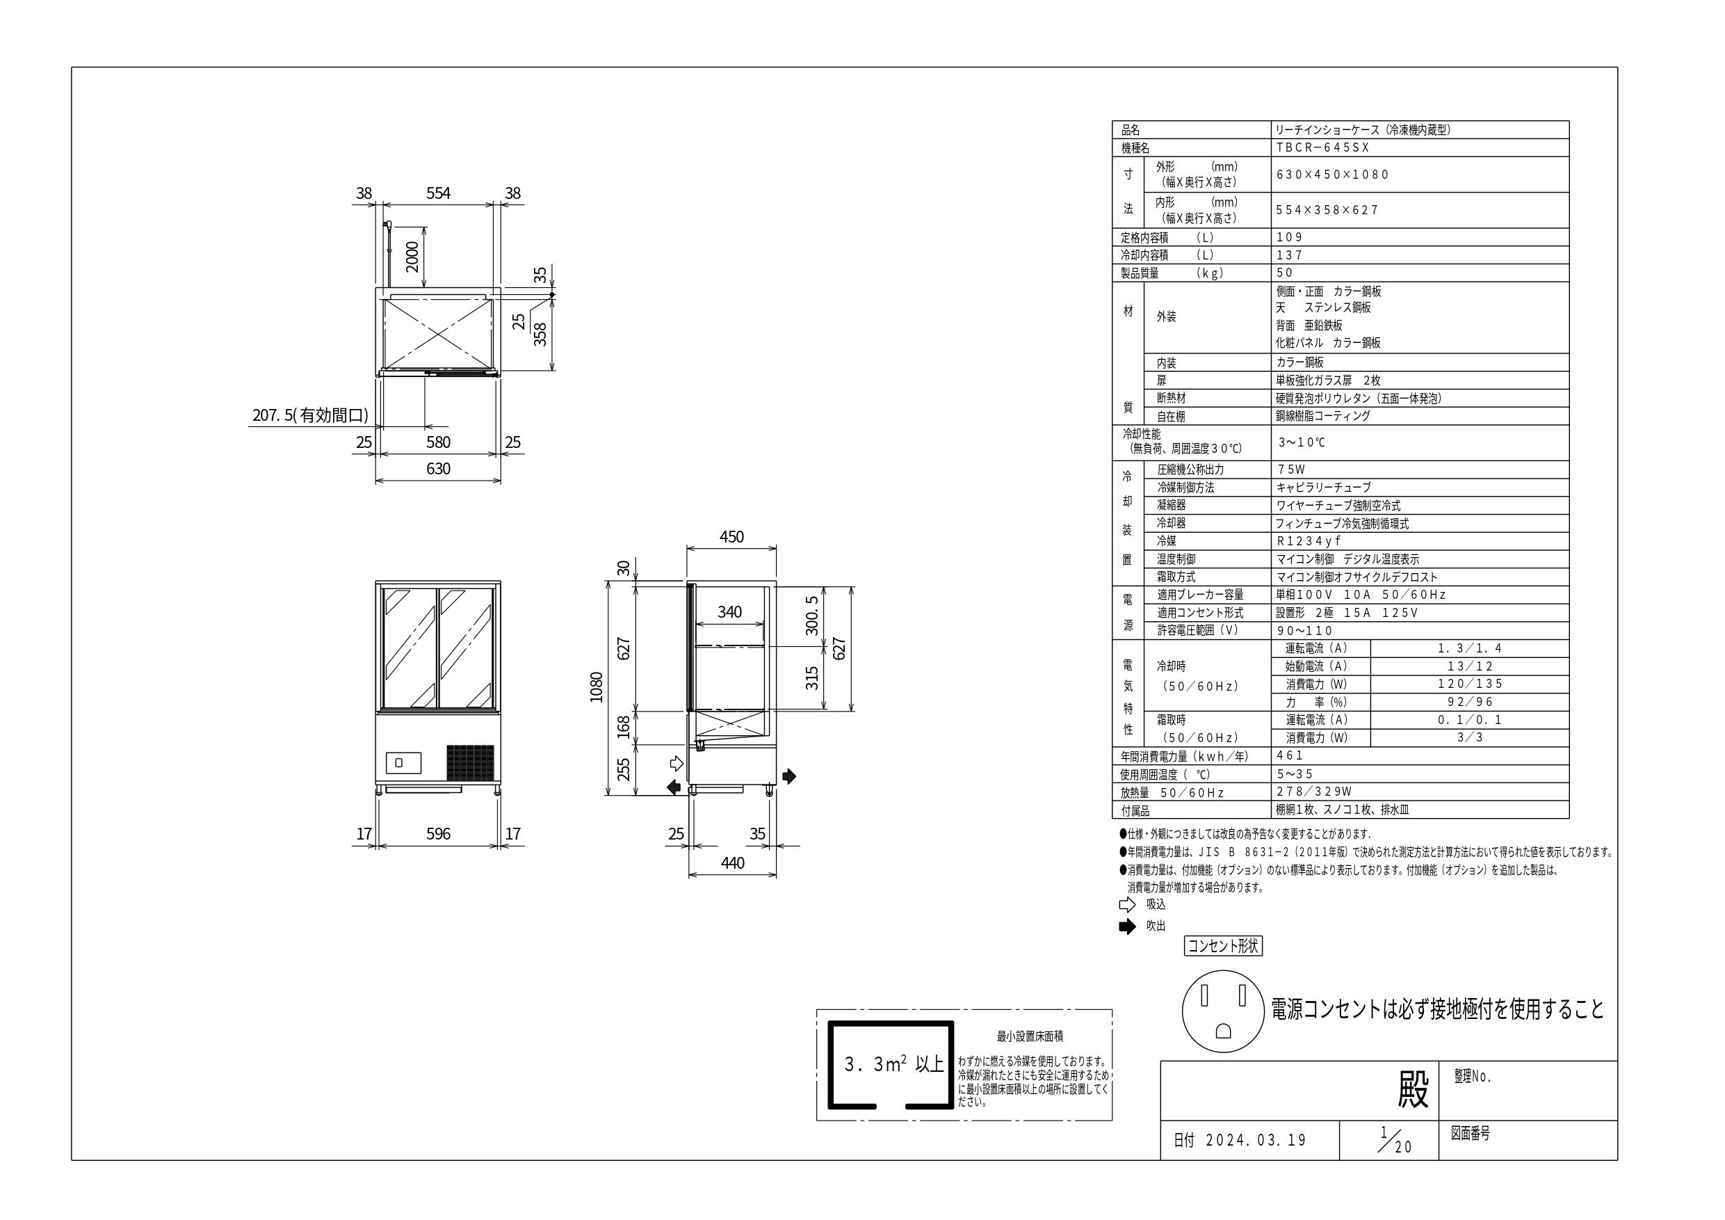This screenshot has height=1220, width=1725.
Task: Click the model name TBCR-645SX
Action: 1322,148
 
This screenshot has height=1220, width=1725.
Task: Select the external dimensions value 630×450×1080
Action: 1332,175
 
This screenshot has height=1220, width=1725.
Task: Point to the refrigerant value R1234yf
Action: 1308,541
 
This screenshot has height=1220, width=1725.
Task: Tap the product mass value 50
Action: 1285,273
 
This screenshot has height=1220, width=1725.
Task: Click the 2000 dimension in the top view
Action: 412,257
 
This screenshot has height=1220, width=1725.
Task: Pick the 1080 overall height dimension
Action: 597,687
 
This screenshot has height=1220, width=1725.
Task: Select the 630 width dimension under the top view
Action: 438,469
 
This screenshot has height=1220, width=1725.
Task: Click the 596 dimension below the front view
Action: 438,834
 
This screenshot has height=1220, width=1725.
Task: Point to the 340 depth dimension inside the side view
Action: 729,612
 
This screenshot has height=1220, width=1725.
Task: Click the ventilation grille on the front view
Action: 470,762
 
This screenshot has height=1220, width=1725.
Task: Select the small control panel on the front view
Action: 403,762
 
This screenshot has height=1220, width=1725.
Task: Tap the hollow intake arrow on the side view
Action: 677,764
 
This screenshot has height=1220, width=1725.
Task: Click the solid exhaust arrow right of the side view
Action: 789,776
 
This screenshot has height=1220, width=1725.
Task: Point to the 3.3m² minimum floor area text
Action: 893,1064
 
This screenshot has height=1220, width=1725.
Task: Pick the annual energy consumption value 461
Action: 1289,755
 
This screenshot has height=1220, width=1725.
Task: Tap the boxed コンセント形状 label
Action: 1223,946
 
